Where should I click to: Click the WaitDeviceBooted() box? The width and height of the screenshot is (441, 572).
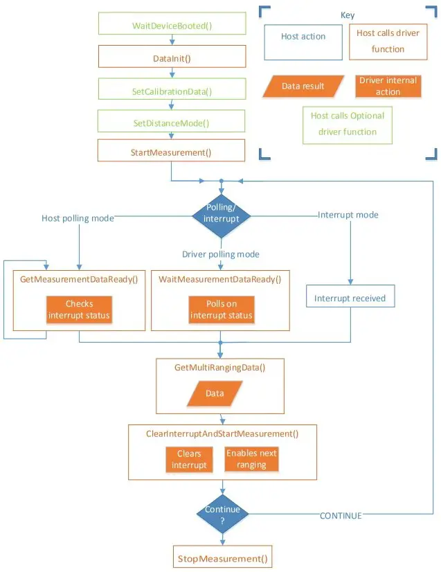point(171,26)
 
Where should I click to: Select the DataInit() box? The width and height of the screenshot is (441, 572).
point(171,58)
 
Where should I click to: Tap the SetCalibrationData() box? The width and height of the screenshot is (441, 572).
point(171,91)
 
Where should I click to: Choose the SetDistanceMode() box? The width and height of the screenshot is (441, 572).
point(171,123)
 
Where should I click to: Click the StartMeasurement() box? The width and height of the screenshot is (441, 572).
point(171,151)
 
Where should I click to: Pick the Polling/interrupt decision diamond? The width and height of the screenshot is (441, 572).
point(221,215)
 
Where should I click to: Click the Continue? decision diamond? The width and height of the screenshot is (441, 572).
point(222,514)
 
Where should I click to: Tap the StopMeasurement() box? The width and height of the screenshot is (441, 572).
point(222,557)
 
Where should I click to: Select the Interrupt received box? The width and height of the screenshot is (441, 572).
point(350,298)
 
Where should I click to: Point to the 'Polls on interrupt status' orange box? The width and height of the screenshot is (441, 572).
point(220,310)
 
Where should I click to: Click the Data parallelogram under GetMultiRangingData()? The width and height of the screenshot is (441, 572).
point(215,393)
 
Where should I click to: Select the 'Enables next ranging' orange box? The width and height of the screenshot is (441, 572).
point(251,459)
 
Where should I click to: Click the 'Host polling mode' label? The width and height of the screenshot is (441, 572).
point(78,218)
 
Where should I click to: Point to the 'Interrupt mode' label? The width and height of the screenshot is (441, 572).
point(348,215)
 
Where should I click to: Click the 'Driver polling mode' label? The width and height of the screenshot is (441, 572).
point(221,254)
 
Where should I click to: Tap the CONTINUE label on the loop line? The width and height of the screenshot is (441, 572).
point(341,516)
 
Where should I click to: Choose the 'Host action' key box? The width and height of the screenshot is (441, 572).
point(303,41)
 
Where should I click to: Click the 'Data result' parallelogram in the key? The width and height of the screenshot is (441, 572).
point(303,86)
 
